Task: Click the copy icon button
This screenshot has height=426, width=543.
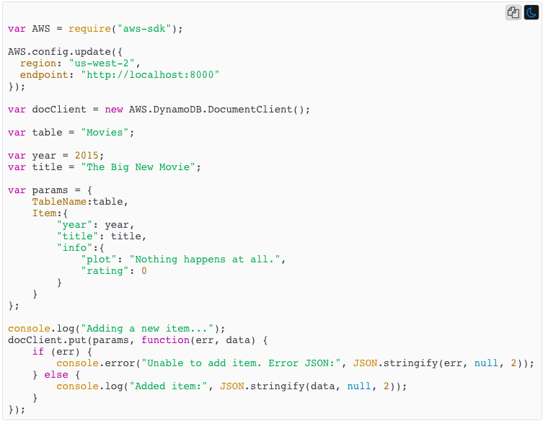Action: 513,12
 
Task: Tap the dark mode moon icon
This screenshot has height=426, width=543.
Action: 531,12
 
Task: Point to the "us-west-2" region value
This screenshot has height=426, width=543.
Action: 99,63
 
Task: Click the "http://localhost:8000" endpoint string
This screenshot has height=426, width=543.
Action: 150,75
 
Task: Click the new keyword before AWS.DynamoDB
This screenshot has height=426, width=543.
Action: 114,110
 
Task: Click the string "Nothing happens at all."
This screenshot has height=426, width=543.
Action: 208,259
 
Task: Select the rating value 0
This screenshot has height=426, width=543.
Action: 144,271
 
